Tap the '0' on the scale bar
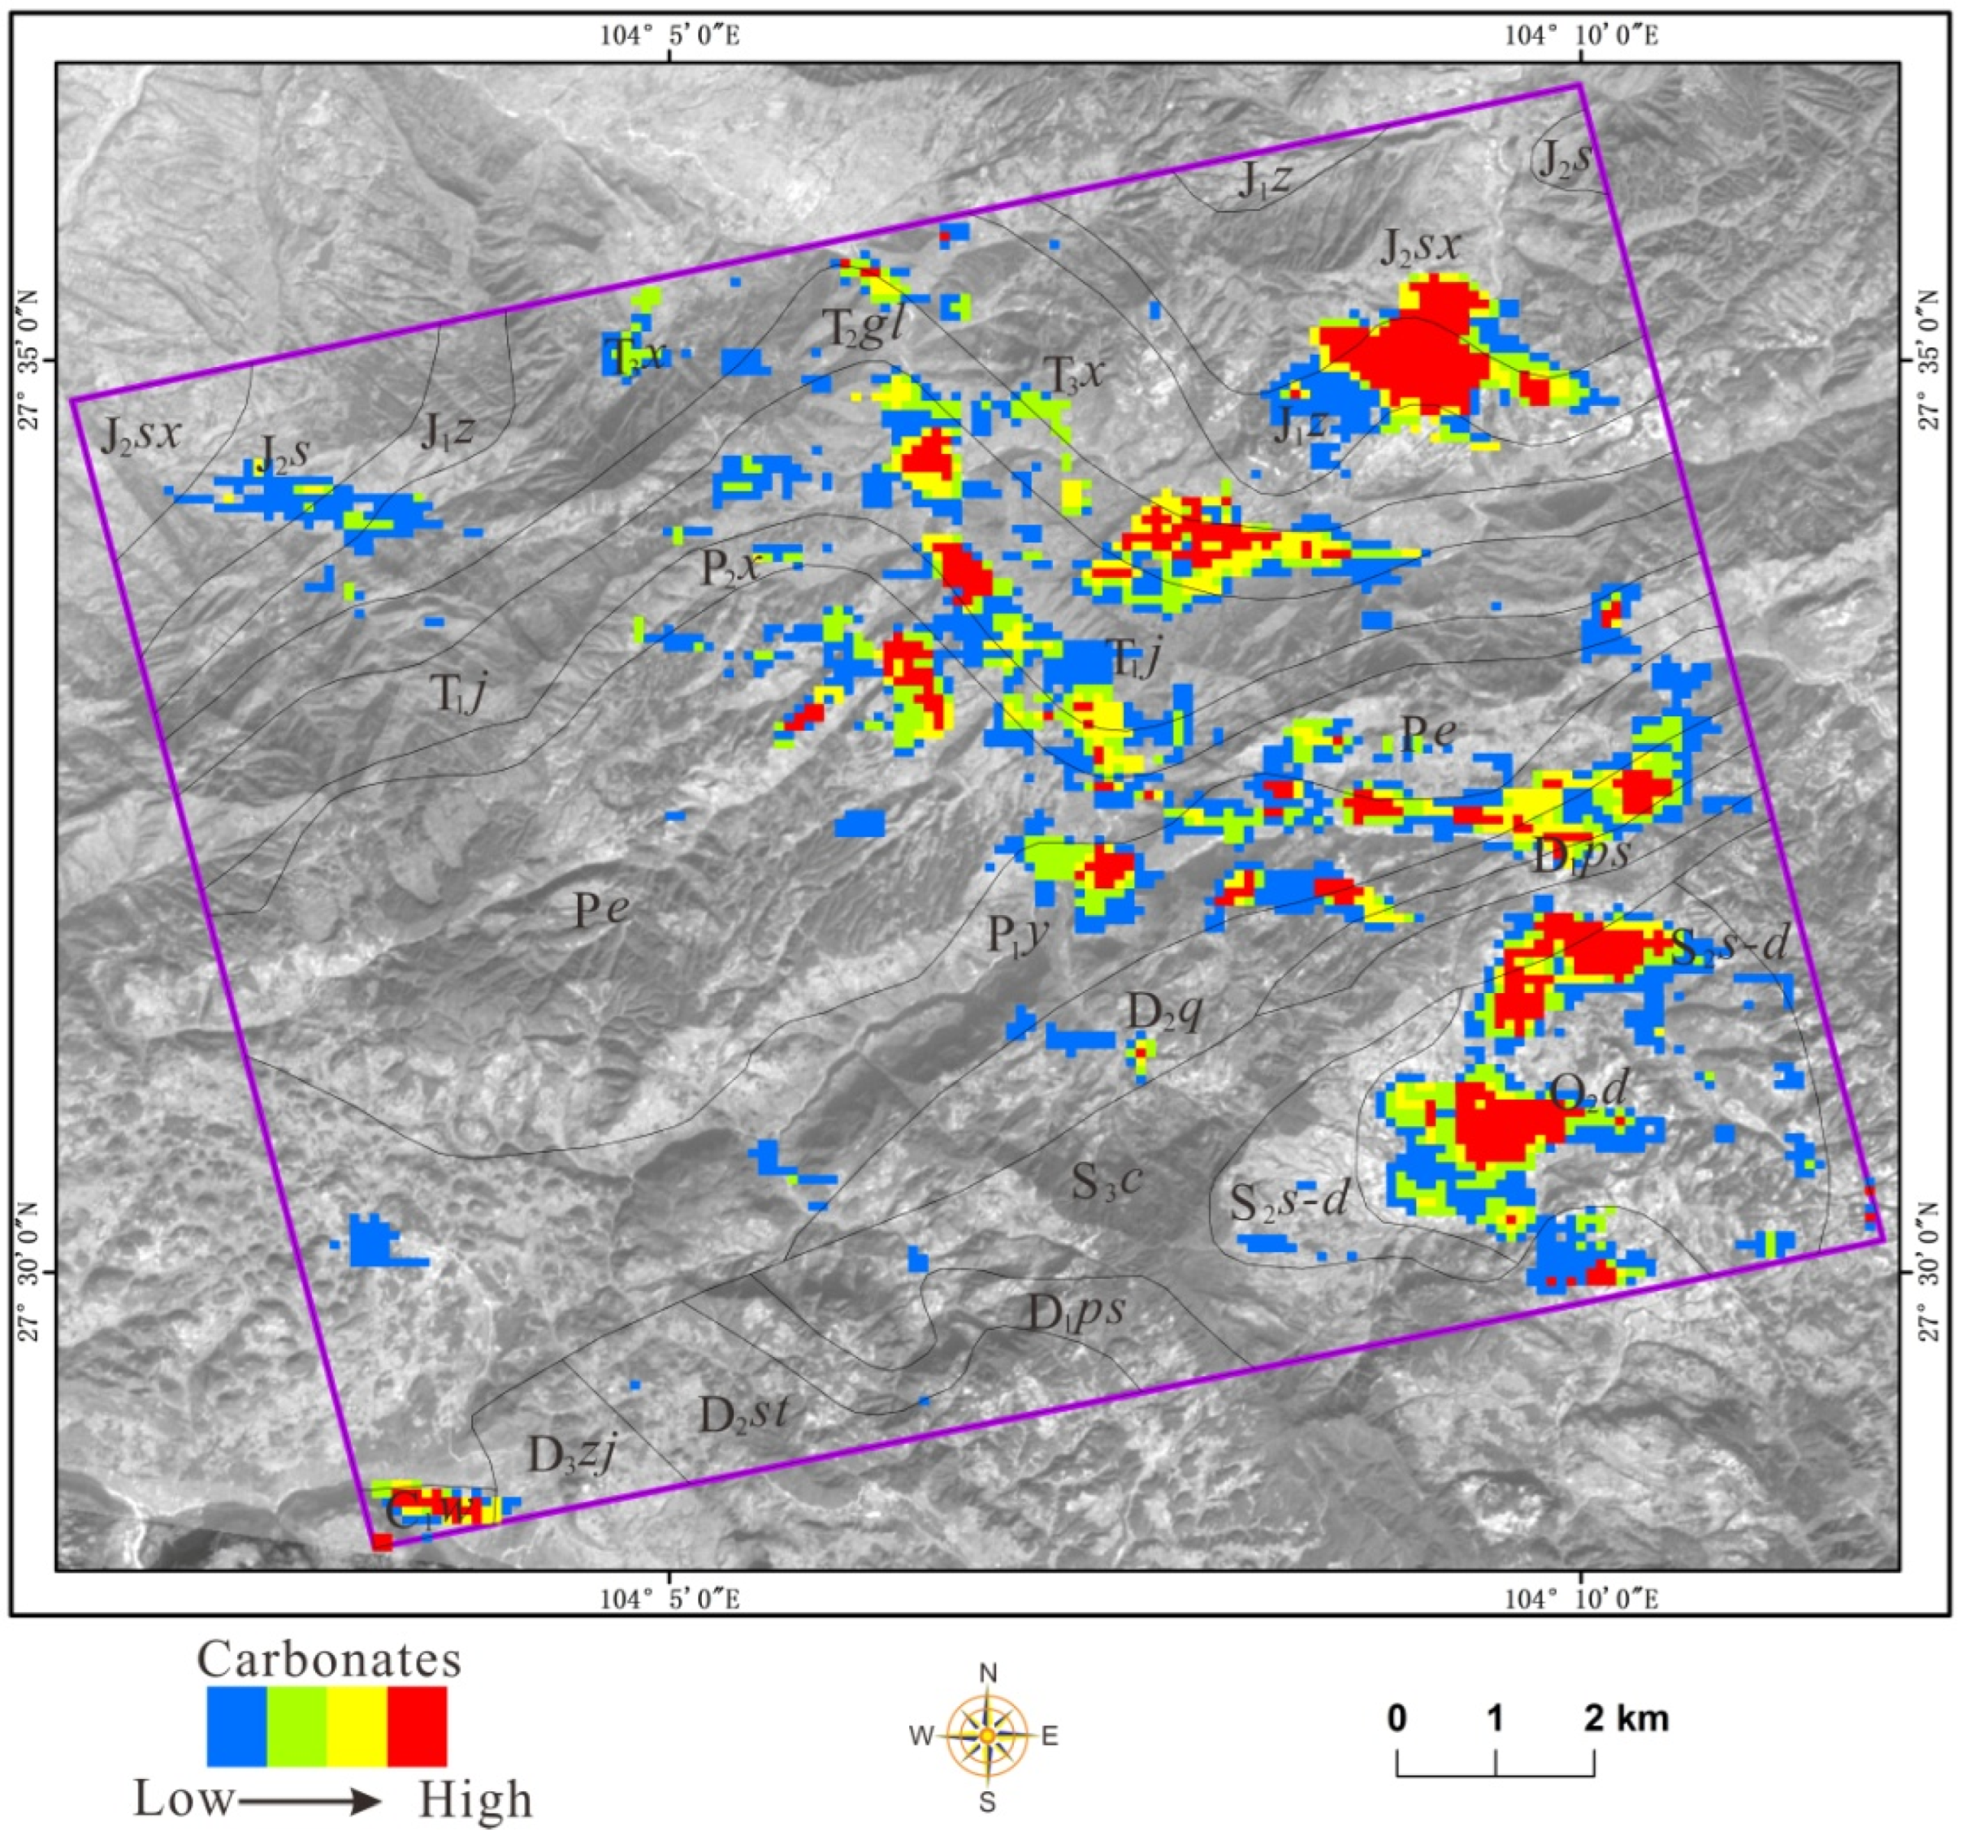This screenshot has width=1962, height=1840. pyautogui.click(x=1397, y=1719)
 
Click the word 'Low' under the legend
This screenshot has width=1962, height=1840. pyautogui.click(x=184, y=1799)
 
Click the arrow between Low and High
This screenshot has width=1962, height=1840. pyautogui.click(x=309, y=1803)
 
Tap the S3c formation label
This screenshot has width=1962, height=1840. pyautogui.click(x=1108, y=1181)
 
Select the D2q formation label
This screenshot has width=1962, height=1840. pyautogui.click(x=1164, y=1011)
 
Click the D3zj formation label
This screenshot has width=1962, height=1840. pyautogui.click(x=574, y=1455)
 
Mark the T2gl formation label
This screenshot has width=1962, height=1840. pyautogui.click(x=864, y=329)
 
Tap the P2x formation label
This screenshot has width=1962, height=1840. pyautogui.click(x=731, y=568)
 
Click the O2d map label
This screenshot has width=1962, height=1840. pyautogui.click(x=1587, y=1091)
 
